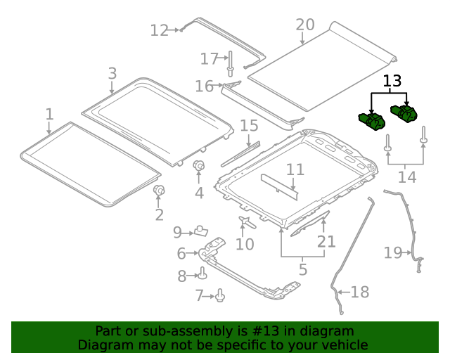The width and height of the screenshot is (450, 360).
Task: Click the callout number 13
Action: [392, 81]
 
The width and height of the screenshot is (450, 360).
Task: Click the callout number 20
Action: [304, 25]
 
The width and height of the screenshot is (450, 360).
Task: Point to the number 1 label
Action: [49, 113]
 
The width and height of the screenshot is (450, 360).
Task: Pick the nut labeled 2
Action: [159, 191]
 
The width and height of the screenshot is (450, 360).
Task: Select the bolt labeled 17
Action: [230, 63]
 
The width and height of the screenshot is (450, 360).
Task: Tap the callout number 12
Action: [160, 30]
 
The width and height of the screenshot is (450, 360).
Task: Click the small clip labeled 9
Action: [201, 230]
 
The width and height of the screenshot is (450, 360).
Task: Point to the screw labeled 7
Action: [219, 296]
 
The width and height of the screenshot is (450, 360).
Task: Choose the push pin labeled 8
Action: [202, 274]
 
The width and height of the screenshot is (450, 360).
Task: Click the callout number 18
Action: [359, 291]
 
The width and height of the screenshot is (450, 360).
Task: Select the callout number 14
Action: [406, 176]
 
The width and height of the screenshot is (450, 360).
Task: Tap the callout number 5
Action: [302, 269]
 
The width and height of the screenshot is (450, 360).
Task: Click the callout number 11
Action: [295, 169]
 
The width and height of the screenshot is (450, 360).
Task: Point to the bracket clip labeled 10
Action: [245, 223]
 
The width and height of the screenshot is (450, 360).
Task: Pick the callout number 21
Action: [326, 241]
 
